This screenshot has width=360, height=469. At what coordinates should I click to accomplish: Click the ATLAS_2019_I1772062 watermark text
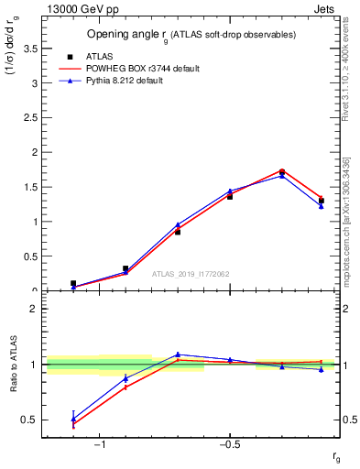pos(190,274)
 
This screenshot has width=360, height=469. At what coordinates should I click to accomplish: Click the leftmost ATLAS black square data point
pos(73,284)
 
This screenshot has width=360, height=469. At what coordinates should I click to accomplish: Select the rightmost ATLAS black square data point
pos(321,201)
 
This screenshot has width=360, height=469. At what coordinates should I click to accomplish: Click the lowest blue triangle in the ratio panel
pos(73,419)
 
